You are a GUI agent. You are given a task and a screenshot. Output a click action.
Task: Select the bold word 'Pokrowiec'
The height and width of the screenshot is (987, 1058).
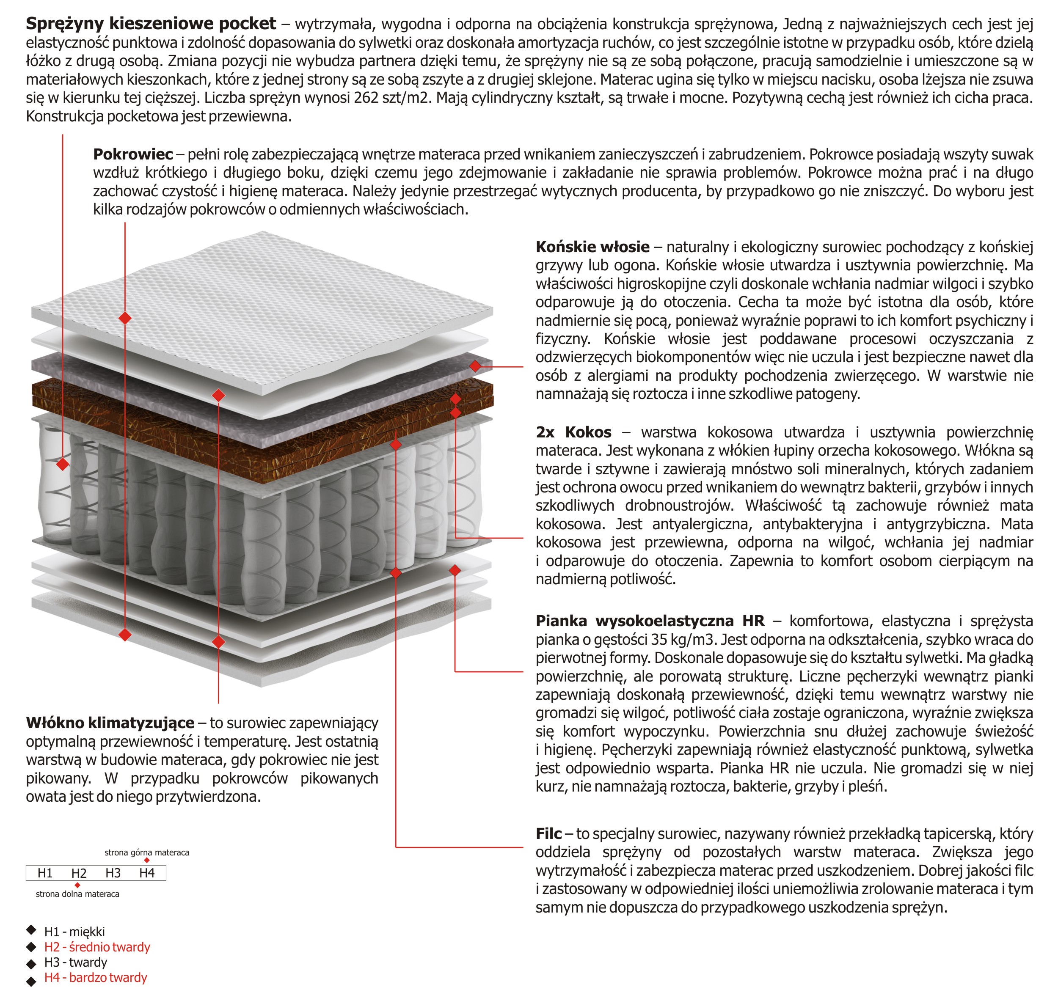[x=133, y=154]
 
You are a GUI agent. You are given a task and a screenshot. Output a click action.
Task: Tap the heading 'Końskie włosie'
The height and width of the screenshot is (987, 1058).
[x=592, y=247]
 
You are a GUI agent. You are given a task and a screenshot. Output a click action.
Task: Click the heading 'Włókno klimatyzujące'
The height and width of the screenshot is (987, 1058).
[x=110, y=723]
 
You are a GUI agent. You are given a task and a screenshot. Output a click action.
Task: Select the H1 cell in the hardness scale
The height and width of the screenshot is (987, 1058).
[x=45, y=873]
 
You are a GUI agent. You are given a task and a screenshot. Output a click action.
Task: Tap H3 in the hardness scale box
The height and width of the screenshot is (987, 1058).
[x=113, y=873]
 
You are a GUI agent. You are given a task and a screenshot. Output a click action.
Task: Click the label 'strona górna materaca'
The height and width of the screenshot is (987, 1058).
[x=146, y=852]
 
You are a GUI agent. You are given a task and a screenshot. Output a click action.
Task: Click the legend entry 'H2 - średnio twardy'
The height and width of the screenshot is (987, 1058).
[x=97, y=947]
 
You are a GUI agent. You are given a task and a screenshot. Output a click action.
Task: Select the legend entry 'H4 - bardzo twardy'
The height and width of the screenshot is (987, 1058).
[x=95, y=977]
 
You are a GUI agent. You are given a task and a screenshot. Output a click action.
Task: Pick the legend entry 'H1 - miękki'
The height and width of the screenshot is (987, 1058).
[x=74, y=932]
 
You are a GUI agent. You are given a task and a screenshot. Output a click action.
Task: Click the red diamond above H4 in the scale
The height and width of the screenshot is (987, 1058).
[x=147, y=861]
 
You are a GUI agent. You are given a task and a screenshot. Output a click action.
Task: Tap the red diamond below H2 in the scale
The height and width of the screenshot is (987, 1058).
[x=78, y=885]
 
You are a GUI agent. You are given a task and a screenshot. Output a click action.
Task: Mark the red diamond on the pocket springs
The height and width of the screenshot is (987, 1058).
[x=63, y=464]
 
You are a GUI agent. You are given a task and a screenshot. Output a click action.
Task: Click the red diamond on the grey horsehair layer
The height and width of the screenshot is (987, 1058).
[x=475, y=366]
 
